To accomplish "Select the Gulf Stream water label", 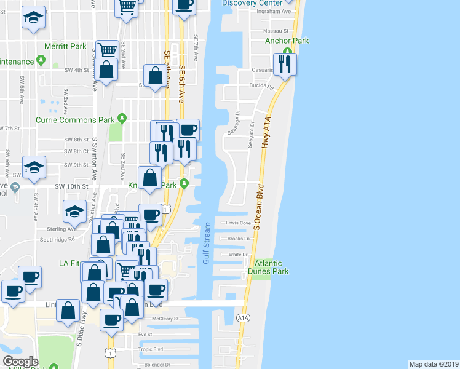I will pos(207,244).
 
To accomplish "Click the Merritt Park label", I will pos(65,46).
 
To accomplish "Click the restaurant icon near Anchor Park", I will pos(284,65).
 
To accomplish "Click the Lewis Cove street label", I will pos(239,223).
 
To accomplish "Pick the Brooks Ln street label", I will pos(238,239).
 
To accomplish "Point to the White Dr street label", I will pos(237,254).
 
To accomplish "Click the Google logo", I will pos(20,362).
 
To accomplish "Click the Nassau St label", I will pos(277,30).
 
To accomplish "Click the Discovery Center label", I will pos(248,2).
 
